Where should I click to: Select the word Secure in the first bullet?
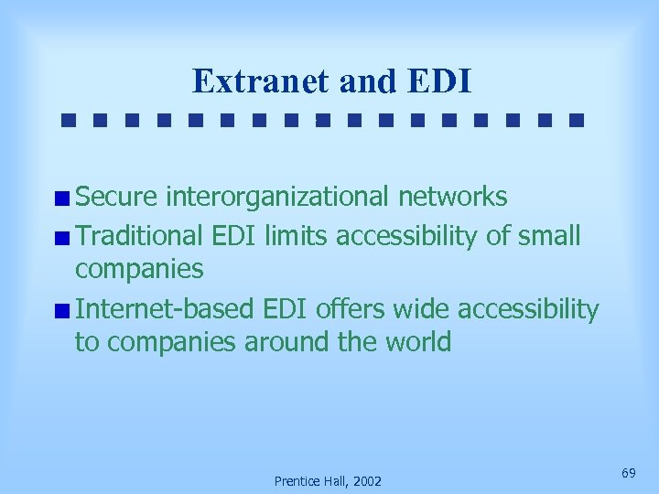(118, 196)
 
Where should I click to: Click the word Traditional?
(138, 235)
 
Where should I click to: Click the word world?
(420, 342)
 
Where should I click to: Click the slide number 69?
(628, 472)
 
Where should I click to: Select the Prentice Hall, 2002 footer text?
(329, 481)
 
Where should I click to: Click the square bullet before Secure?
(61, 198)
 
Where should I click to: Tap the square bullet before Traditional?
(61, 237)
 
